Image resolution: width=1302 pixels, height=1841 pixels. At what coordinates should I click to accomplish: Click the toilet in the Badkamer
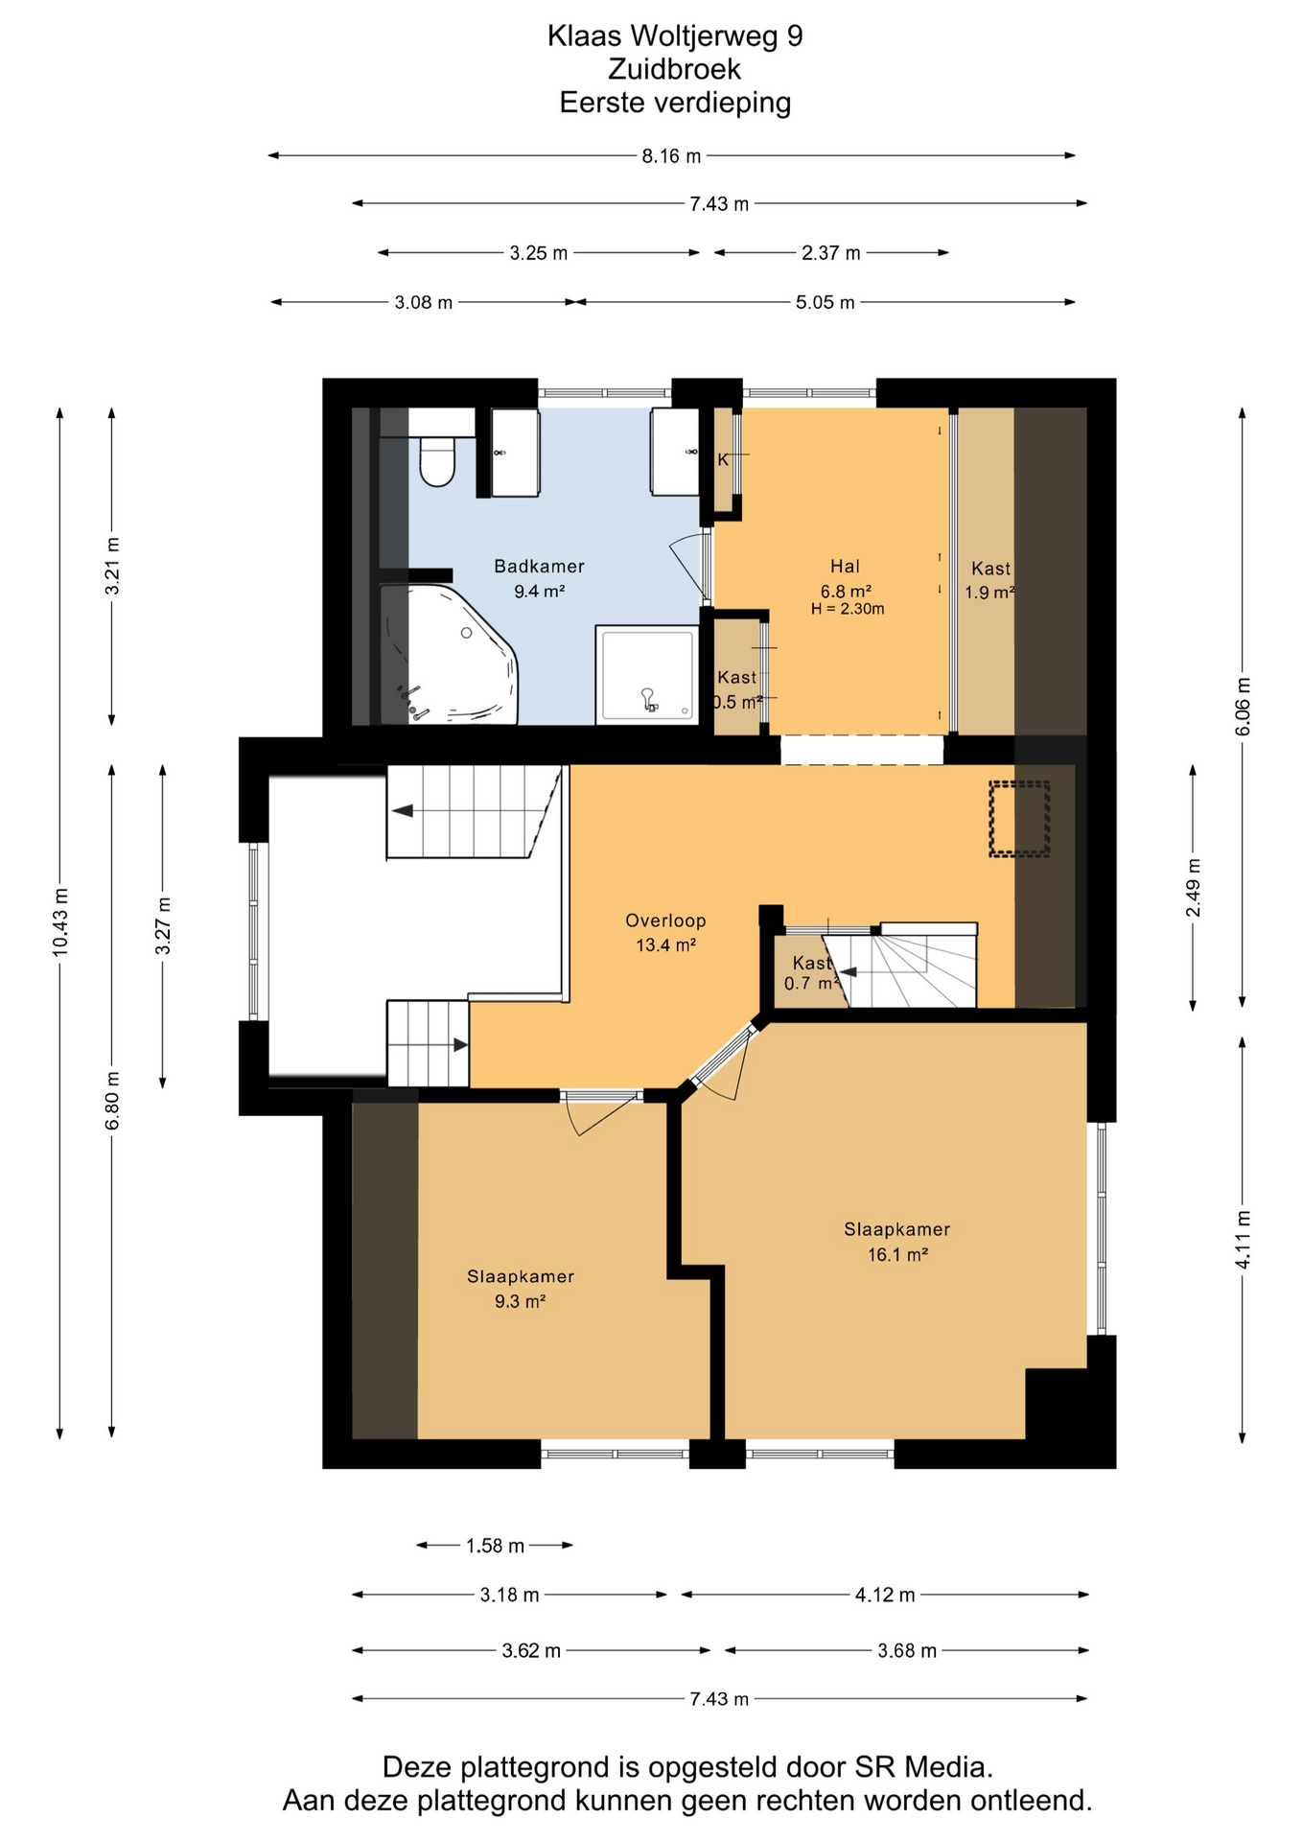point(437,460)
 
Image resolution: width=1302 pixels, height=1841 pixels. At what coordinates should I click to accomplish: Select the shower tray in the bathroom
point(648,675)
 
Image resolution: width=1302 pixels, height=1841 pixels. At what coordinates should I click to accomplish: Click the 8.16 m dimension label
point(671,155)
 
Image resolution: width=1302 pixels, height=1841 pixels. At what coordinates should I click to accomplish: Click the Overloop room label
point(665,920)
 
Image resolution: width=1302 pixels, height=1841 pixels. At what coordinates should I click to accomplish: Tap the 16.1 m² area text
point(897,1254)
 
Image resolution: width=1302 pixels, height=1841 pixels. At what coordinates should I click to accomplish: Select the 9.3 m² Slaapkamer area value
point(520,1301)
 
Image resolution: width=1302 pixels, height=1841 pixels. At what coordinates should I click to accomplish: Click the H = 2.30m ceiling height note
point(848,609)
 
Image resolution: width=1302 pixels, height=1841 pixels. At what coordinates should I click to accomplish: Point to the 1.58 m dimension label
point(495,1546)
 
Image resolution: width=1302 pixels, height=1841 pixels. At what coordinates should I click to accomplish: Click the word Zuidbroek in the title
point(674,69)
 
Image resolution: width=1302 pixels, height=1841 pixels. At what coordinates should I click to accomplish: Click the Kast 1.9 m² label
point(989,580)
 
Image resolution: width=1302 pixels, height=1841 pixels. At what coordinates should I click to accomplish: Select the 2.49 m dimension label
point(1194,887)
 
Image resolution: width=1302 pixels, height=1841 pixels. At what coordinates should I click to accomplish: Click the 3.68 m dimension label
point(907,1650)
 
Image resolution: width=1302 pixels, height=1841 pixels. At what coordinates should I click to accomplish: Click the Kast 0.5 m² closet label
point(737,689)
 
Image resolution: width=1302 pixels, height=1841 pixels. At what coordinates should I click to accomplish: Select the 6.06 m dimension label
point(1243,707)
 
